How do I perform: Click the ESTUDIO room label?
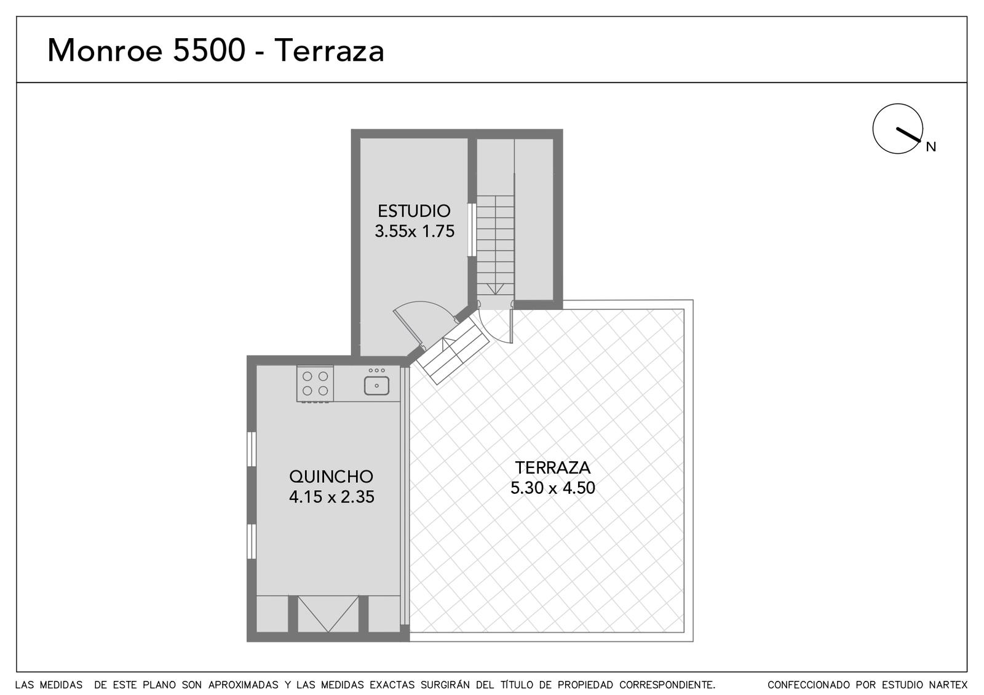pyautogui.click(x=414, y=212)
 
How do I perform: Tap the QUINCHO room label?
pyautogui.click(x=331, y=477)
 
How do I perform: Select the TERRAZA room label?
pyautogui.click(x=553, y=468)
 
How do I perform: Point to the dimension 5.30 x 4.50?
pyautogui.click(x=553, y=488)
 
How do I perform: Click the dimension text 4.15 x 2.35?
pyautogui.click(x=331, y=497)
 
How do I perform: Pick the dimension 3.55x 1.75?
pyautogui.click(x=415, y=231)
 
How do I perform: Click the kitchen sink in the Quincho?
pyautogui.click(x=376, y=385)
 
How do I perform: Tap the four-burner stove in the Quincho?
pyautogui.click(x=315, y=384)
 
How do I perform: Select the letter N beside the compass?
pyautogui.click(x=931, y=147)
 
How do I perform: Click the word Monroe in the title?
pyautogui.click(x=105, y=50)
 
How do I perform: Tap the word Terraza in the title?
pyautogui.click(x=330, y=50)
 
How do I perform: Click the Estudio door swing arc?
pyautogui.click(x=424, y=303)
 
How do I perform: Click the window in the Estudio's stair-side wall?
pyautogui.click(x=472, y=229)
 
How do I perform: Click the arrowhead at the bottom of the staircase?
pyautogui.click(x=496, y=290)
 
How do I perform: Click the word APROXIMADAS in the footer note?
pyautogui.click(x=244, y=685)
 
